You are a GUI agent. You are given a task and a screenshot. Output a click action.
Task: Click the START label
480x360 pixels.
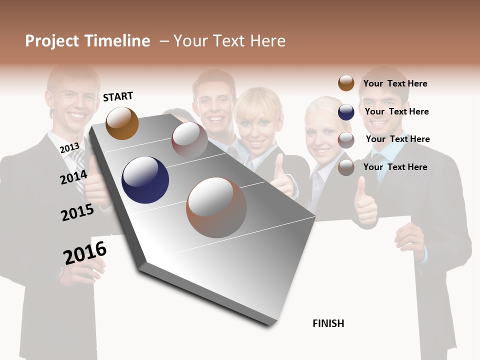[x=118, y=96]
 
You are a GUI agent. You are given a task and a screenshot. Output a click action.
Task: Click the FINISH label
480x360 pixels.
[x=328, y=323]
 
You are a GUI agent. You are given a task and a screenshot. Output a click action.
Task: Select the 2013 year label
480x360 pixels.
[x=69, y=148]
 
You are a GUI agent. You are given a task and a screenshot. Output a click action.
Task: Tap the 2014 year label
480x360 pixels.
[x=73, y=177]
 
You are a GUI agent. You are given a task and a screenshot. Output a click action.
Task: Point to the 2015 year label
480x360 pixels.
[x=77, y=212]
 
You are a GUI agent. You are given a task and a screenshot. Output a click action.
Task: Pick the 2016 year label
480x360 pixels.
[x=85, y=252]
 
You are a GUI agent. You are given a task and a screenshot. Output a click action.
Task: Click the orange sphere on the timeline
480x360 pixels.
[x=122, y=123]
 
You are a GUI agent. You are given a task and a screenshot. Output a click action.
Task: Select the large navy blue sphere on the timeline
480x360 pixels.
[x=145, y=180]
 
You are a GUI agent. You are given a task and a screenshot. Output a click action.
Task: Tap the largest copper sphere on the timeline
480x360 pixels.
[x=216, y=207]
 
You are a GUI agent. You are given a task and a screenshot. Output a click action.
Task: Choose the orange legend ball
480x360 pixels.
[x=346, y=83]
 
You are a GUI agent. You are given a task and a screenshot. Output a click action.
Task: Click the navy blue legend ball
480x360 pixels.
[x=346, y=112]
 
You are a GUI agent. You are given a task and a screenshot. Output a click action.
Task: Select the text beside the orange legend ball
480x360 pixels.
[x=395, y=83]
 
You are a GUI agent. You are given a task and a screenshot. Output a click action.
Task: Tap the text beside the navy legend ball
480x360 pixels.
[x=396, y=111]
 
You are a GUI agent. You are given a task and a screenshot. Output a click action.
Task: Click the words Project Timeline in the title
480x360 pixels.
[x=87, y=41]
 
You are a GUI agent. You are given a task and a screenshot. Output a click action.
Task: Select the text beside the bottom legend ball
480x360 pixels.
[x=395, y=167]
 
